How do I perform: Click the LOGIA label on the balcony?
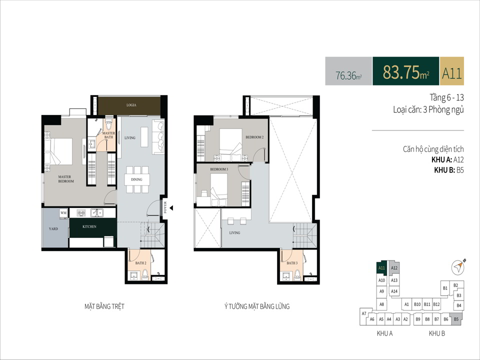coord(131,105)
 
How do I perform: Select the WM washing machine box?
coord(63,213)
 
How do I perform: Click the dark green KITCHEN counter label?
coord(89,226)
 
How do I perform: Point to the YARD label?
coord(53,228)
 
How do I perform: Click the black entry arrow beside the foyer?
coord(171,208)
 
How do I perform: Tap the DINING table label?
coord(136,179)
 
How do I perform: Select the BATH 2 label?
coord(141,263)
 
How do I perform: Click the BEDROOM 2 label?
coord(254,137)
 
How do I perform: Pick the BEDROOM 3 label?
coord(219,169)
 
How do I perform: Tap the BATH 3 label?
coord(292,263)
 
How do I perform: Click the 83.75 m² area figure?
coord(405,72)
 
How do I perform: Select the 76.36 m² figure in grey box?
coord(348,75)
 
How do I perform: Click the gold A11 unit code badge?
coord(452,73)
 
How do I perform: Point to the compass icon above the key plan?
coord(458,267)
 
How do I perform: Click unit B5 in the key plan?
coord(456,319)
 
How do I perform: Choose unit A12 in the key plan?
coord(394,268)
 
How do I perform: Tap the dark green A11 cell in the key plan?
coord(381,267)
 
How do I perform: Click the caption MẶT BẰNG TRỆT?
coord(104,306)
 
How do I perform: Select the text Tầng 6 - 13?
coord(446,97)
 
